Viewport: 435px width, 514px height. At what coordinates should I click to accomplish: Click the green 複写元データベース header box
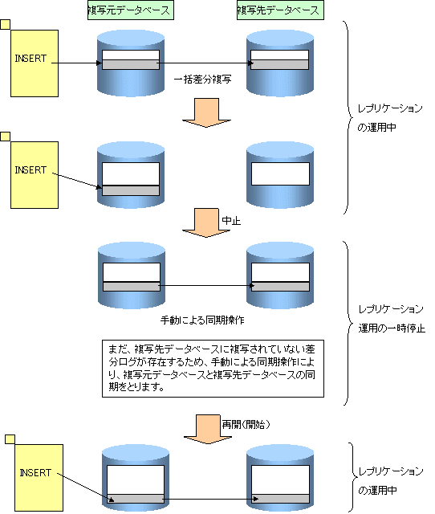pos(131,10)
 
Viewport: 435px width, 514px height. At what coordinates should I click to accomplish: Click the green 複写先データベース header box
pos(280,10)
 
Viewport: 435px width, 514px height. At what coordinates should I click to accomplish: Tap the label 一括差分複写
pos(202,80)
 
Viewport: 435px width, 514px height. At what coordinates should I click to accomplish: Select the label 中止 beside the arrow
pos(231,221)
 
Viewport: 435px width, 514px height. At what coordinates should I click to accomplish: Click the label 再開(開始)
pos(246,425)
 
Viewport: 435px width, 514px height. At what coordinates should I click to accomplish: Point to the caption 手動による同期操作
pos(202,320)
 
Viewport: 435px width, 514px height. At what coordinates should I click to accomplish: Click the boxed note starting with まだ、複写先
pos(213,369)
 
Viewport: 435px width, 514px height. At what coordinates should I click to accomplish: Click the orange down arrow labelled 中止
pos(206,222)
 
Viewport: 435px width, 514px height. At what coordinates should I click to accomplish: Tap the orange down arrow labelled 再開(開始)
pos(208,429)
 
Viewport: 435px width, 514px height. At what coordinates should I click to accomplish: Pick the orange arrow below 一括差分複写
pos(206,112)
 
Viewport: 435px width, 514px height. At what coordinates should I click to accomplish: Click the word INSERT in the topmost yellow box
pos(30,59)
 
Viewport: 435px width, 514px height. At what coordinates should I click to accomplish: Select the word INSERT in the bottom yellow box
pos(35,473)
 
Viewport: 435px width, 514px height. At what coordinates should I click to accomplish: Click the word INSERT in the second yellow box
pos(30,170)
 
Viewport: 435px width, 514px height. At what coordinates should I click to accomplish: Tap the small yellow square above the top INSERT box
pos(6,25)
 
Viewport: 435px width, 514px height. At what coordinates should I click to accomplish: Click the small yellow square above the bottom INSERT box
pos(10,439)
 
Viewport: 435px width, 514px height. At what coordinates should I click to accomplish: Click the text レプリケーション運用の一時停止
pos(392,319)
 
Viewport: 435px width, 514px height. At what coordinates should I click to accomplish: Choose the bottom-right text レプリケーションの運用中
pos(391,481)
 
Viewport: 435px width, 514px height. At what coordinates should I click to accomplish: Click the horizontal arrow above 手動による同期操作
pos(206,286)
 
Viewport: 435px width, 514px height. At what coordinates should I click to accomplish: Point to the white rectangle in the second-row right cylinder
pos(280,173)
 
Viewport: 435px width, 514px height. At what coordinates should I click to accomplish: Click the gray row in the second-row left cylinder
pos(131,190)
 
